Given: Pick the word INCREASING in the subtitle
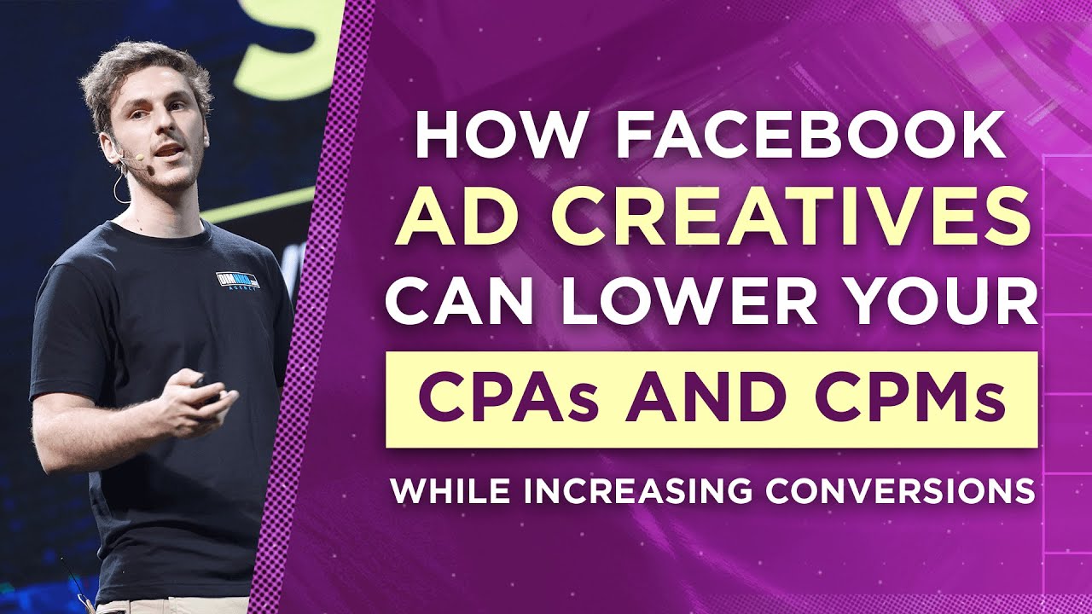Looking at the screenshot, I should click(636, 490).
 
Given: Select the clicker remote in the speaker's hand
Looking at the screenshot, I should click(203, 385).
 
